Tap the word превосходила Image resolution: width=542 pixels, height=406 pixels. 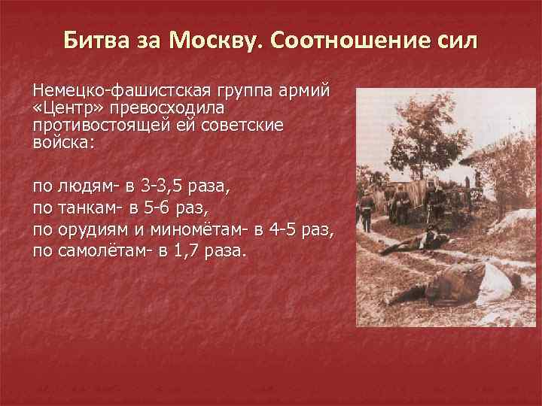pyautogui.click(x=168, y=108)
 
